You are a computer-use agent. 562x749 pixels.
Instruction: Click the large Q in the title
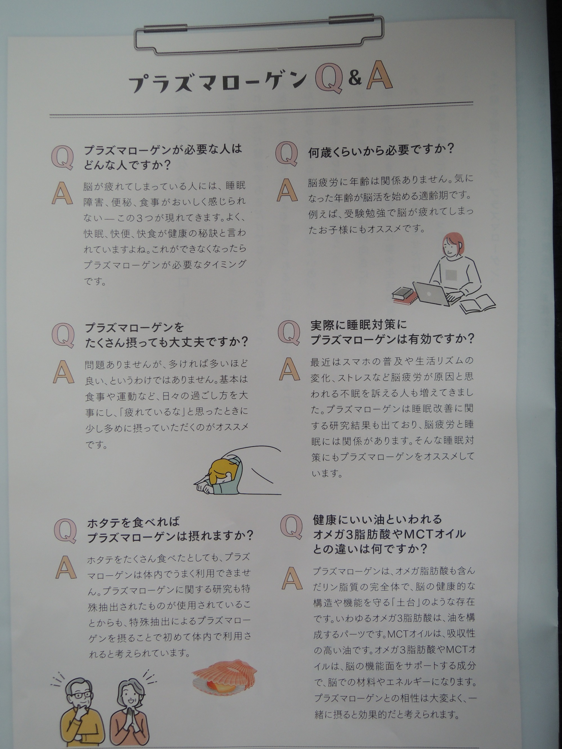point(328,79)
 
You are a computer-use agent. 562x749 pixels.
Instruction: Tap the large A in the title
point(379,77)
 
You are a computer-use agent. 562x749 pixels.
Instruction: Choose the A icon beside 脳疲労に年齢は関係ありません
point(287,190)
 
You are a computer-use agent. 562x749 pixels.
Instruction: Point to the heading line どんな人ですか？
point(127,165)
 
